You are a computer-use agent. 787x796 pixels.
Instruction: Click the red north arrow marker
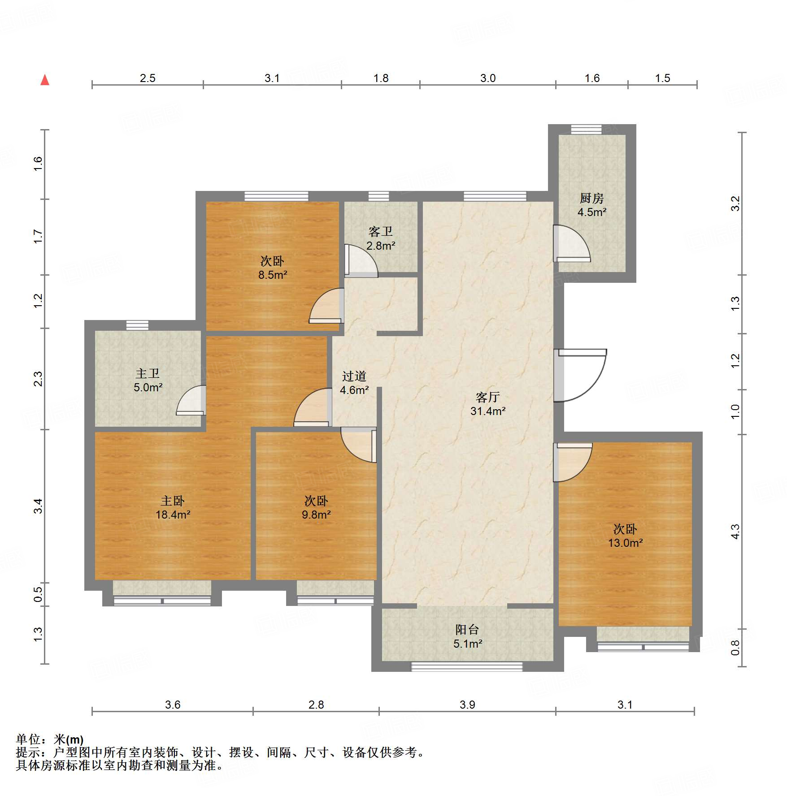(45, 80)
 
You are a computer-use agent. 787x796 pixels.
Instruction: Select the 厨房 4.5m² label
(591, 205)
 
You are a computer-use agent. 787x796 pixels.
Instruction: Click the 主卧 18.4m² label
(173, 508)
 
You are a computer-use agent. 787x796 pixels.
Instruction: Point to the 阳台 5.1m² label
(467, 637)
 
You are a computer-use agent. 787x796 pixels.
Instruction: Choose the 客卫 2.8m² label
(381, 238)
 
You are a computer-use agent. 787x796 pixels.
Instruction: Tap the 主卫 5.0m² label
(148, 381)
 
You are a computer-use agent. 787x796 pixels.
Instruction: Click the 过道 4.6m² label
(354, 383)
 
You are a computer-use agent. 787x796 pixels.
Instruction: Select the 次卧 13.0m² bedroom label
(625, 536)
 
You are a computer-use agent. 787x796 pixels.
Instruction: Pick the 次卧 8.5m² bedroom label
(272, 268)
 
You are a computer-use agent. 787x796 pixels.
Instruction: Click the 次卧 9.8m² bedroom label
(316, 508)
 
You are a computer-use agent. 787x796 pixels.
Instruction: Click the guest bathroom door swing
(361, 260)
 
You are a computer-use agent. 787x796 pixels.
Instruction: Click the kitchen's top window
(586, 130)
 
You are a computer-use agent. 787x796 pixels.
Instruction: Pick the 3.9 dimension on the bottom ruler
(467, 705)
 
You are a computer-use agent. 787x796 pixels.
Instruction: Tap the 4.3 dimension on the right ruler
(735, 532)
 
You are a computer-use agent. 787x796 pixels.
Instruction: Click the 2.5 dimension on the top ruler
(148, 78)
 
